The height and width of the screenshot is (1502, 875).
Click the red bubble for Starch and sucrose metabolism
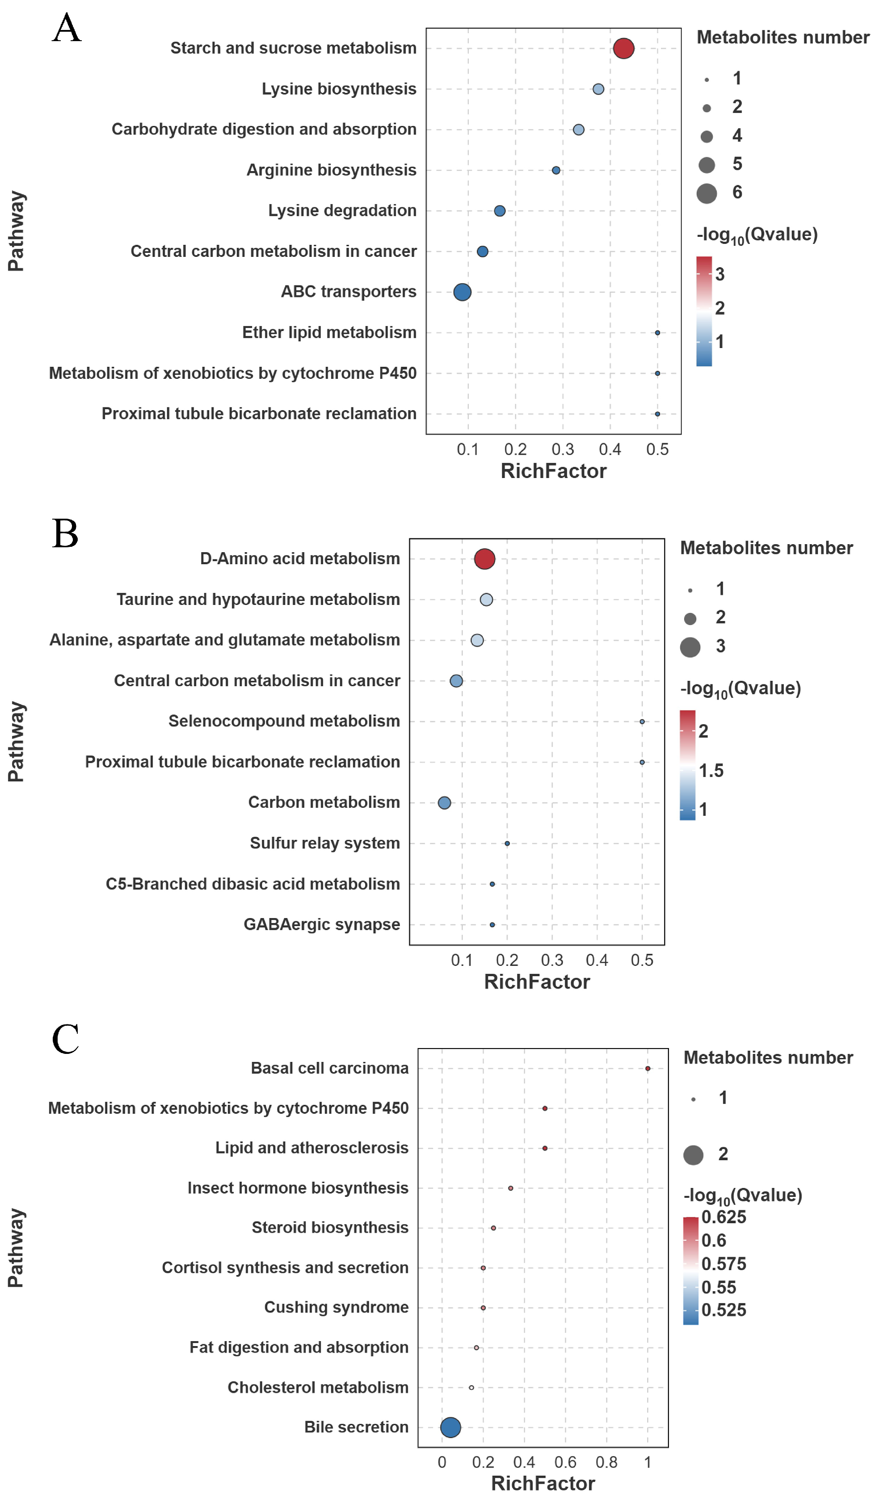tap(623, 48)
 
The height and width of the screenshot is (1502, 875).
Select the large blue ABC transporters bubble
tap(462, 292)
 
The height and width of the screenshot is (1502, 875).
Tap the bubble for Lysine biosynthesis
tap(598, 89)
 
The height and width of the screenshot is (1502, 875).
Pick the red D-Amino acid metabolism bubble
tap(484, 559)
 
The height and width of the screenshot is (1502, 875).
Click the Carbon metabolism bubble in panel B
tap(444, 803)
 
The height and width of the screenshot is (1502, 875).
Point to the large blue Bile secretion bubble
tap(450, 1427)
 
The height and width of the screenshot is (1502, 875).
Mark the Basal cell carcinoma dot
tap(647, 1069)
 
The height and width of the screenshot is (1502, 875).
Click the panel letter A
tap(66, 28)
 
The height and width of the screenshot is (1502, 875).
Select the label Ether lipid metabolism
tap(329, 332)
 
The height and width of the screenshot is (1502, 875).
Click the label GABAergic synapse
tap(321, 924)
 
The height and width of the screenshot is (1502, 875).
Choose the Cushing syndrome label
tap(336, 1308)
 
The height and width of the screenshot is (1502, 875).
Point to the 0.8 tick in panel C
tap(606, 1463)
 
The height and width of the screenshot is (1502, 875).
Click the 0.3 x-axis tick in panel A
tap(562, 449)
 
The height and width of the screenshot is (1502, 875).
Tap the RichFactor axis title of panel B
tap(536, 982)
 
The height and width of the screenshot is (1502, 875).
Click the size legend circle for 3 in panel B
tap(690, 647)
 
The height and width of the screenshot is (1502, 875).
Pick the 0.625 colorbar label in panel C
tap(723, 1217)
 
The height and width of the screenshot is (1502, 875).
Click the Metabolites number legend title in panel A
tap(782, 38)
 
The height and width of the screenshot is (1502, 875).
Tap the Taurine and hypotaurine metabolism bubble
tap(486, 600)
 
